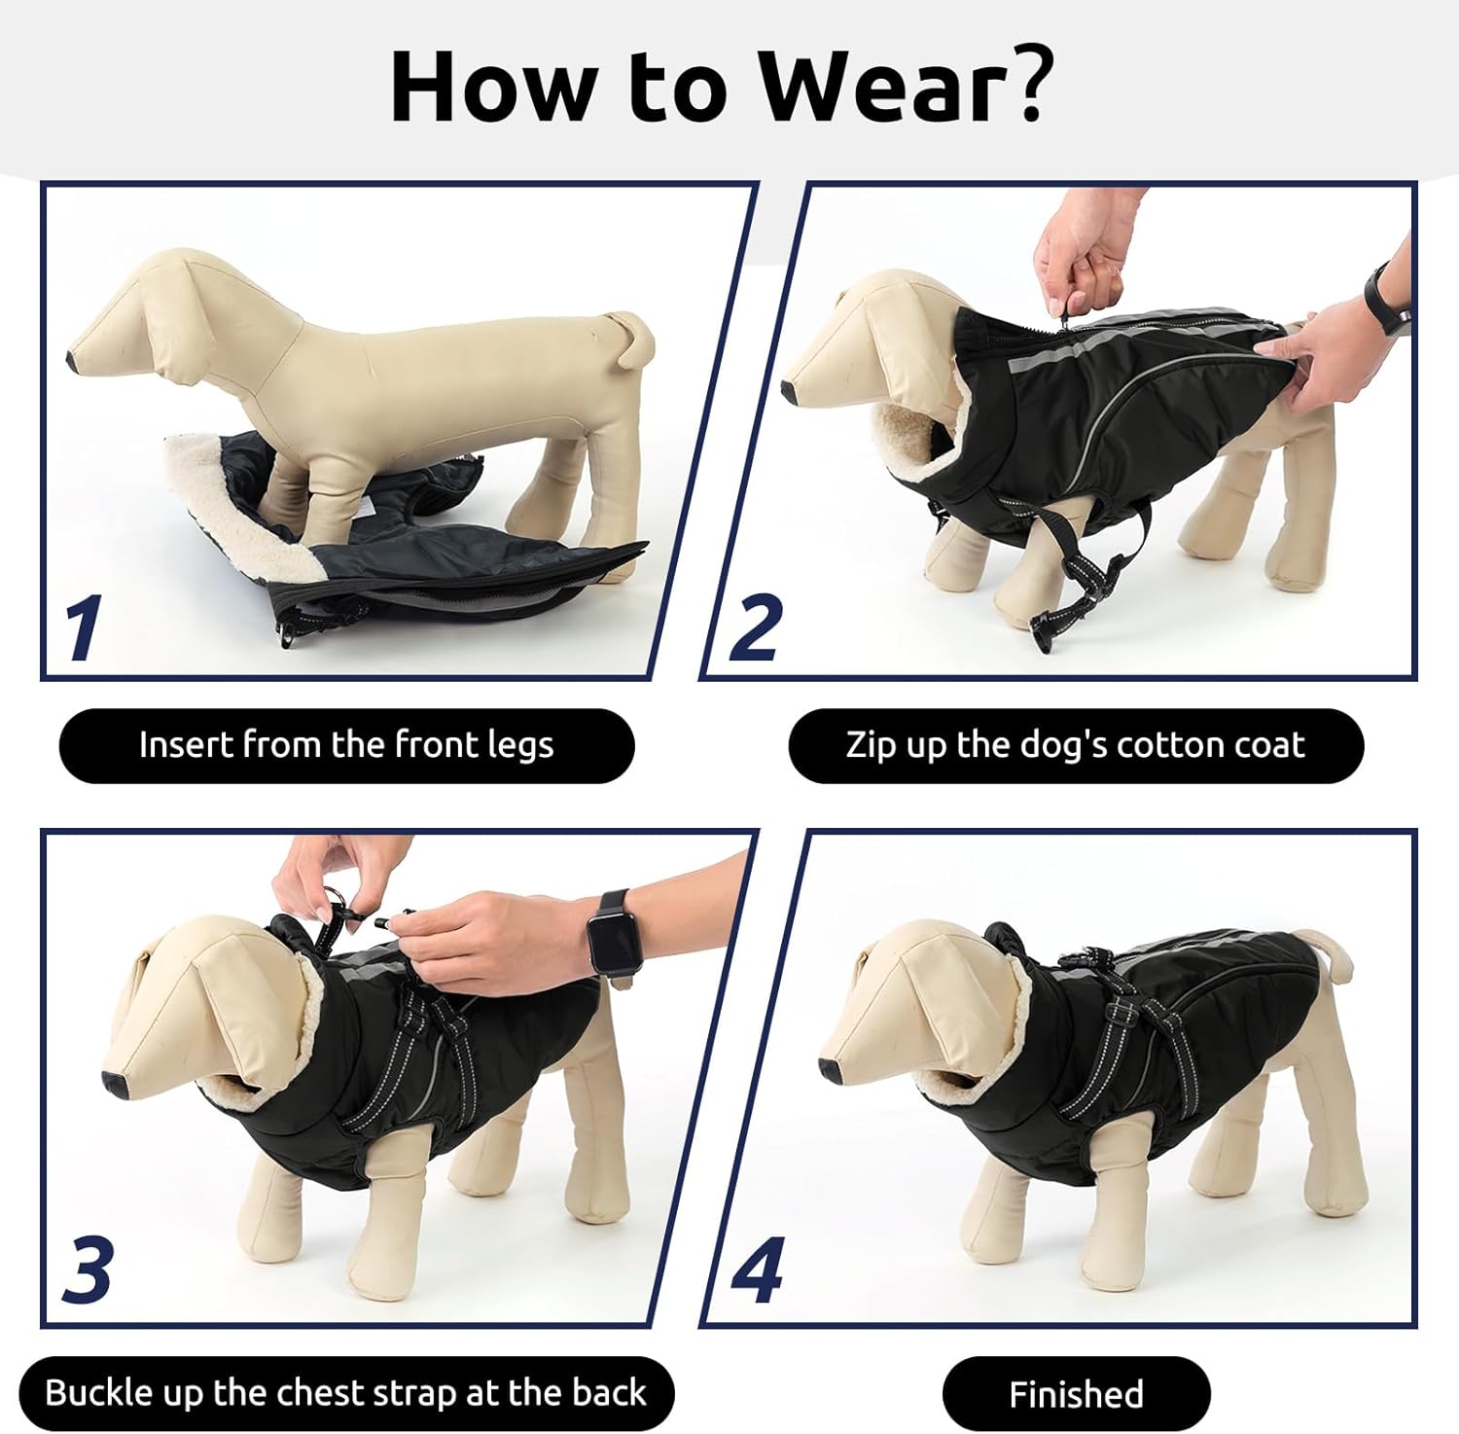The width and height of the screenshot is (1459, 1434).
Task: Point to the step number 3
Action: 88,1271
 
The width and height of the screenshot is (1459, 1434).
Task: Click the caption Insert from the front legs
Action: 346,745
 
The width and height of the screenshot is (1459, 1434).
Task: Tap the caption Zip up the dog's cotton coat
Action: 1075,745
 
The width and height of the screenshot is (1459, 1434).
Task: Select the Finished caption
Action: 1076,1394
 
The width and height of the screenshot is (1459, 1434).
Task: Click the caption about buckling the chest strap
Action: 345,1393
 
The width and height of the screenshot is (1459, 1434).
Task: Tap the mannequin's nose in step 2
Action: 792,393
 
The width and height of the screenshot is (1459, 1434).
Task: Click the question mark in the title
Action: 1023,86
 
